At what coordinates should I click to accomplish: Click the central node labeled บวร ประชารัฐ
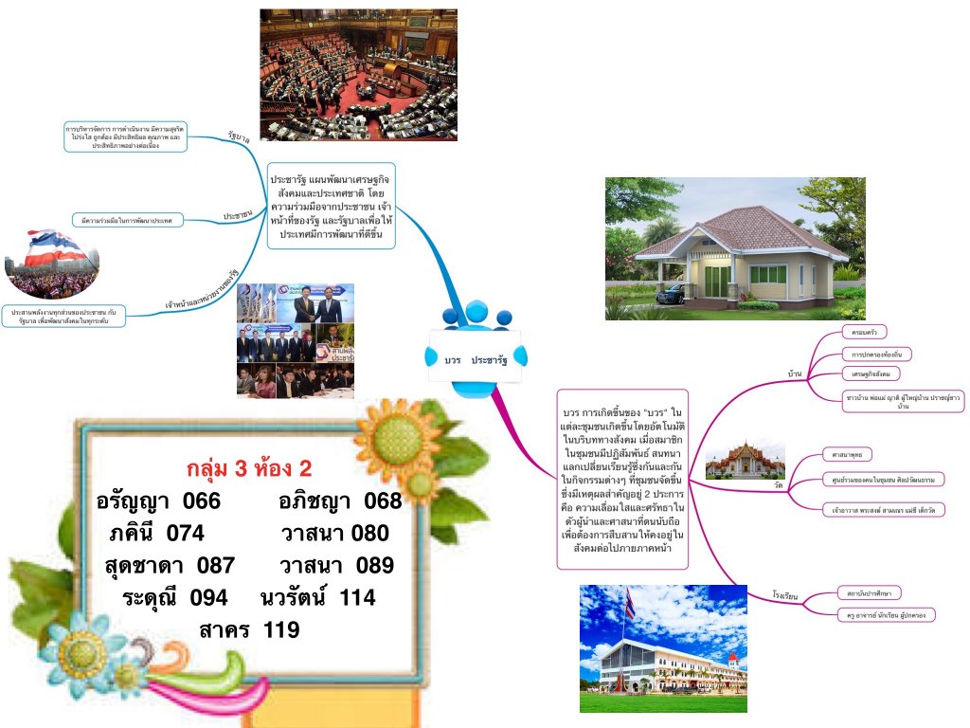(476, 361)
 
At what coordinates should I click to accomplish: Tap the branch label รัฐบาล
(238, 138)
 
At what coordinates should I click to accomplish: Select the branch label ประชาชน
(237, 216)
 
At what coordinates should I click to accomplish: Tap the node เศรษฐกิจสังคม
(871, 374)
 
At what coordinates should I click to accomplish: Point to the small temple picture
(745, 460)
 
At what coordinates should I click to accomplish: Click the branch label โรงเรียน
(786, 596)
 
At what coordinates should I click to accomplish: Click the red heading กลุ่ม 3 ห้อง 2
(249, 468)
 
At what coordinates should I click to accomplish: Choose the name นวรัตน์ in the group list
(296, 597)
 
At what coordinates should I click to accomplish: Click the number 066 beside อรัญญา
(201, 500)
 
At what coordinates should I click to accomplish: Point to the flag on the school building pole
(629, 600)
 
